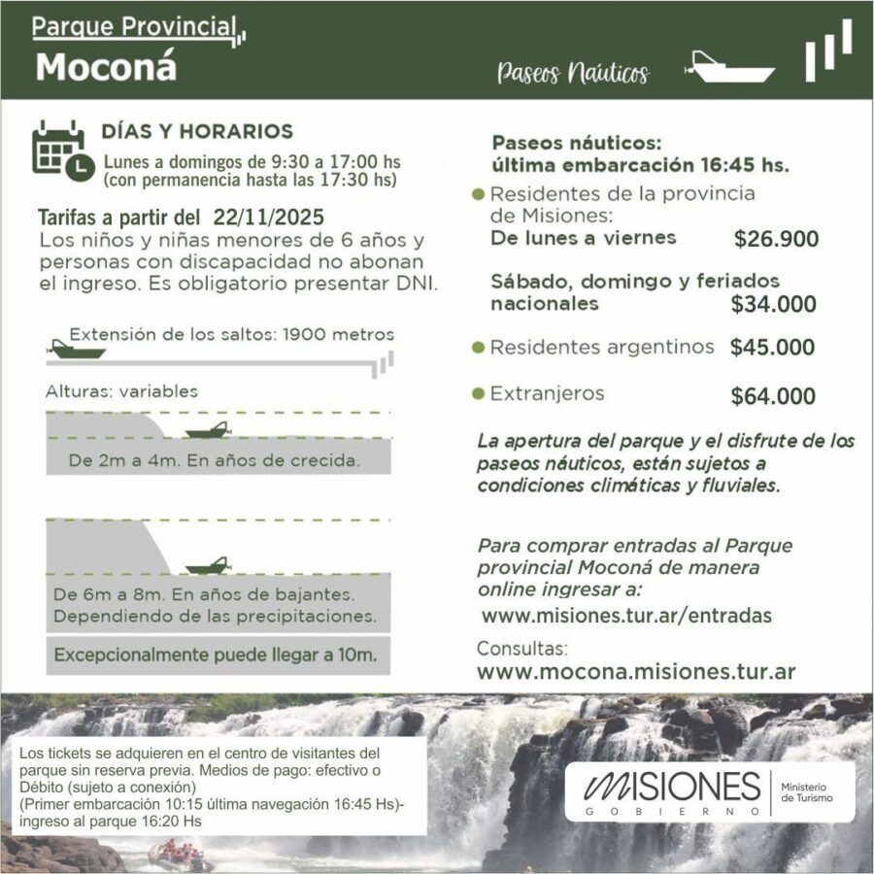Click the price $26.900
(x=776, y=239)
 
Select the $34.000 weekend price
(x=773, y=304)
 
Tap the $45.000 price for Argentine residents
(x=772, y=347)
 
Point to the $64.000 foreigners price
(x=773, y=395)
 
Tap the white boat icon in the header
(x=729, y=68)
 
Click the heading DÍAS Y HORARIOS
(x=197, y=131)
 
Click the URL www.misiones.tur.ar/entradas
(x=626, y=616)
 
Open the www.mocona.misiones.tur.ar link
(x=636, y=671)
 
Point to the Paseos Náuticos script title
(x=572, y=73)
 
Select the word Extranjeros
(x=547, y=393)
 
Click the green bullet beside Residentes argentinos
(x=478, y=347)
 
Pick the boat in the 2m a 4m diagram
(x=206, y=430)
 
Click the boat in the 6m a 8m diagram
(x=206, y=565)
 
